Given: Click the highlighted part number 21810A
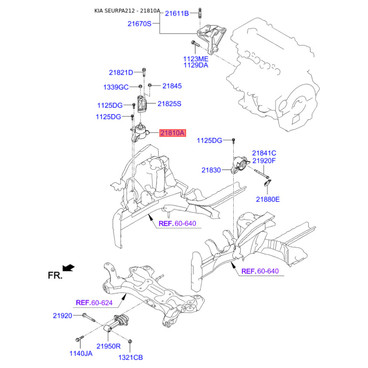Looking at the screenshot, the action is coord(172,133).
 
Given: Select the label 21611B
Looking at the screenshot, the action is coord(177,14).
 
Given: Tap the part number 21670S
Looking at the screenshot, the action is coord(139,24).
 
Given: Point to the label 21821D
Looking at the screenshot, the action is coord(121,73).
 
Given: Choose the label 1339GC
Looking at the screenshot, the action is coord(116,87).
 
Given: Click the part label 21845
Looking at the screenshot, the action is coord(172,86).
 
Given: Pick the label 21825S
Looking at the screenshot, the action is coord(169,104).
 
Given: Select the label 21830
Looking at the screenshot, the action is coord(211,170).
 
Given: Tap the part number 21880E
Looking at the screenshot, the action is coord(268,200).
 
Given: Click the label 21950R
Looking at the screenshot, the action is coord(109,346).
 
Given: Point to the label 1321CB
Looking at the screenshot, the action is coord(131,357).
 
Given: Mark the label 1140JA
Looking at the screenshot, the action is coord(81,353).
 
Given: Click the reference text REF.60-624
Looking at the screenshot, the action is coord(94,303).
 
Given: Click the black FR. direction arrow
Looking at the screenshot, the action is coord(69,268).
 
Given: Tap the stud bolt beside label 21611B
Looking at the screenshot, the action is coord(200,13).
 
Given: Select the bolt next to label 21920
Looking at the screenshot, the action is coord(88,317).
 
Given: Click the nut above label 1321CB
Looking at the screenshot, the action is coord(130,341).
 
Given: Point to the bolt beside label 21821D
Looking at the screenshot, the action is coord(144,72).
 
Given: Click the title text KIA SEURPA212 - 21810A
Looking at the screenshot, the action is coord(127,11).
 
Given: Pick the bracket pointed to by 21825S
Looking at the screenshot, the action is coord(142,104).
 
